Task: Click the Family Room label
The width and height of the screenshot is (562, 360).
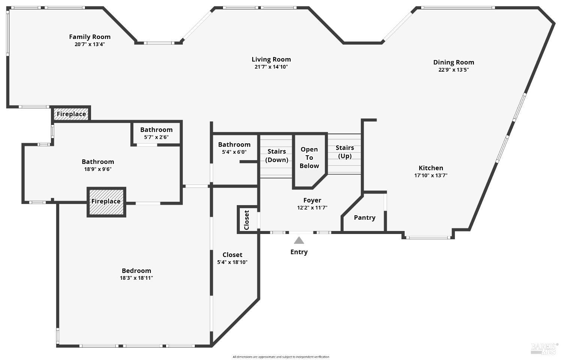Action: [x=90, y=37]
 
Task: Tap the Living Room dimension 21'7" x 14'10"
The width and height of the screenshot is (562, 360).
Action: [x=271, y=67]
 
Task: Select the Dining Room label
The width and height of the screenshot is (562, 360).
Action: [x=454, y=62]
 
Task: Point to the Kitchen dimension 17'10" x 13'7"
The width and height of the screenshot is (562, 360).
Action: [x=431, y=175]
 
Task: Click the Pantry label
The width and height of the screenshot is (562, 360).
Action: [x=365, y=217]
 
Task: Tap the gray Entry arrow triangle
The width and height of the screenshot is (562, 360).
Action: [x=299, y=240]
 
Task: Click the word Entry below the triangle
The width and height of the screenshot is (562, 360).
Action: [x=299, y=252]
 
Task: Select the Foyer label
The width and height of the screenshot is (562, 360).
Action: [x=312, y=200]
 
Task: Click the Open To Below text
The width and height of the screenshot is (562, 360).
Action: [x=309, y=157]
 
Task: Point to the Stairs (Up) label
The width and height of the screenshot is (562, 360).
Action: [x=345, y=151]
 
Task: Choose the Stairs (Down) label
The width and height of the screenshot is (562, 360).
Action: [x=277, y=155]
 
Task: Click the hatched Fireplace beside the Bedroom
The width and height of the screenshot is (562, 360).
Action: [x=106, y=201]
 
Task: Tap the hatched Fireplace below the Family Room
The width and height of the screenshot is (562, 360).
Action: [x=71, y=114]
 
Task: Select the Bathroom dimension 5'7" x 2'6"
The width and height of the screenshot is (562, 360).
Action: [x=156, y=137]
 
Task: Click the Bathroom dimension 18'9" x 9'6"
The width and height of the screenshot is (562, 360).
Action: [x=98, y=169]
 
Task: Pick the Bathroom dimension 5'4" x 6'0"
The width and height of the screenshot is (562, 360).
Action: [x=234, y=152]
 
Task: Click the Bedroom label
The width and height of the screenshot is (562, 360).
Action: [x=136, y=271]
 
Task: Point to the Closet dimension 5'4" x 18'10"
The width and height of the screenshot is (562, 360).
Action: [x=232, y=262]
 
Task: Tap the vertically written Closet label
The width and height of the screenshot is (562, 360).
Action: [x=247, y=220]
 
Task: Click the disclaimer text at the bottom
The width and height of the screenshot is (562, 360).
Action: [x=281, y=357]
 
